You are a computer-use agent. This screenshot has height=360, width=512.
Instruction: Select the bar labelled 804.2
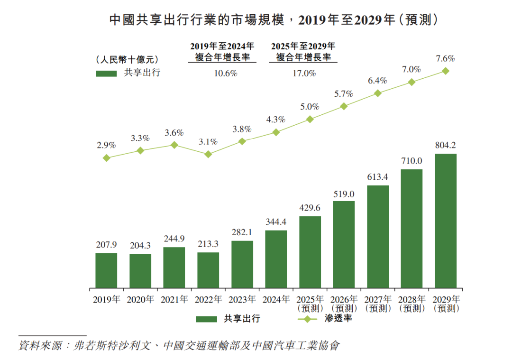[x=446, y=221]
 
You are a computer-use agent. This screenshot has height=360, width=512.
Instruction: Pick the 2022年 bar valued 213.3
[x=208, y=270]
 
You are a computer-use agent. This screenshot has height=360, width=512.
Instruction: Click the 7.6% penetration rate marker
[x=446, y=71]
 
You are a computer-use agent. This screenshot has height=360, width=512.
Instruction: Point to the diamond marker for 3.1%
[x=208, y=154]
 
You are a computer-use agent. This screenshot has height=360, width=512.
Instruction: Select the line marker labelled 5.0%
[x=310, y=120]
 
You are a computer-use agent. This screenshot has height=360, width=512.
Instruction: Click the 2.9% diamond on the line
[x=107, y=158]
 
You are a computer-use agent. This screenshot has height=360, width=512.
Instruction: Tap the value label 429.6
[x=310, y=208]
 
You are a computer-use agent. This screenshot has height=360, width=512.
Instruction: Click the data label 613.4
[x=378, y=177]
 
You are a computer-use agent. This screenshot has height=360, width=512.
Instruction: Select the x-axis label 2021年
[x=174, y=300]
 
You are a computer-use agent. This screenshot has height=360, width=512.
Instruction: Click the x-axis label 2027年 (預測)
[x=378, y=304]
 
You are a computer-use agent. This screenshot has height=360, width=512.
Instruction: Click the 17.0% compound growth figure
[x=303, y=74]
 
